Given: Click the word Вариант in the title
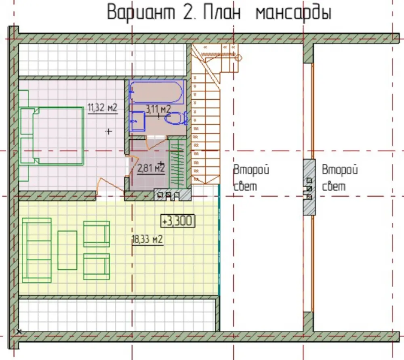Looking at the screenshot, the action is point(141,13).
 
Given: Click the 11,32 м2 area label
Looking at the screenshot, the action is point(103,108).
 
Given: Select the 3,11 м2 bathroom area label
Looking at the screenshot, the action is point(158,109).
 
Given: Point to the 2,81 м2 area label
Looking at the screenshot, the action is point(151,169).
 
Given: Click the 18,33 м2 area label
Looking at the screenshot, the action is point(147,240).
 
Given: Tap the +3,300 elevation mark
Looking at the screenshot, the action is point(178,221).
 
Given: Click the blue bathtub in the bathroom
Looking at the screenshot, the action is point(157,92).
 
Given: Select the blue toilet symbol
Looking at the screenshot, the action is point(176,118).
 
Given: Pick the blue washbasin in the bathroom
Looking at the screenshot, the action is point(137,121).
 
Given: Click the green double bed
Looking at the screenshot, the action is point(52,136).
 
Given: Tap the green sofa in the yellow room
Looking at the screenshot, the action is point(37,250).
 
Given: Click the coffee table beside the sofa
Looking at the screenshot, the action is point(67,250).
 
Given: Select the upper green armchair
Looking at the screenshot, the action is point(97,234).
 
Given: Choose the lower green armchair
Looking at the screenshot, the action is point(97,266).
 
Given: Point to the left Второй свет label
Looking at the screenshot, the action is point(251,178).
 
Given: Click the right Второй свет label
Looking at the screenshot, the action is point(340,178).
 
